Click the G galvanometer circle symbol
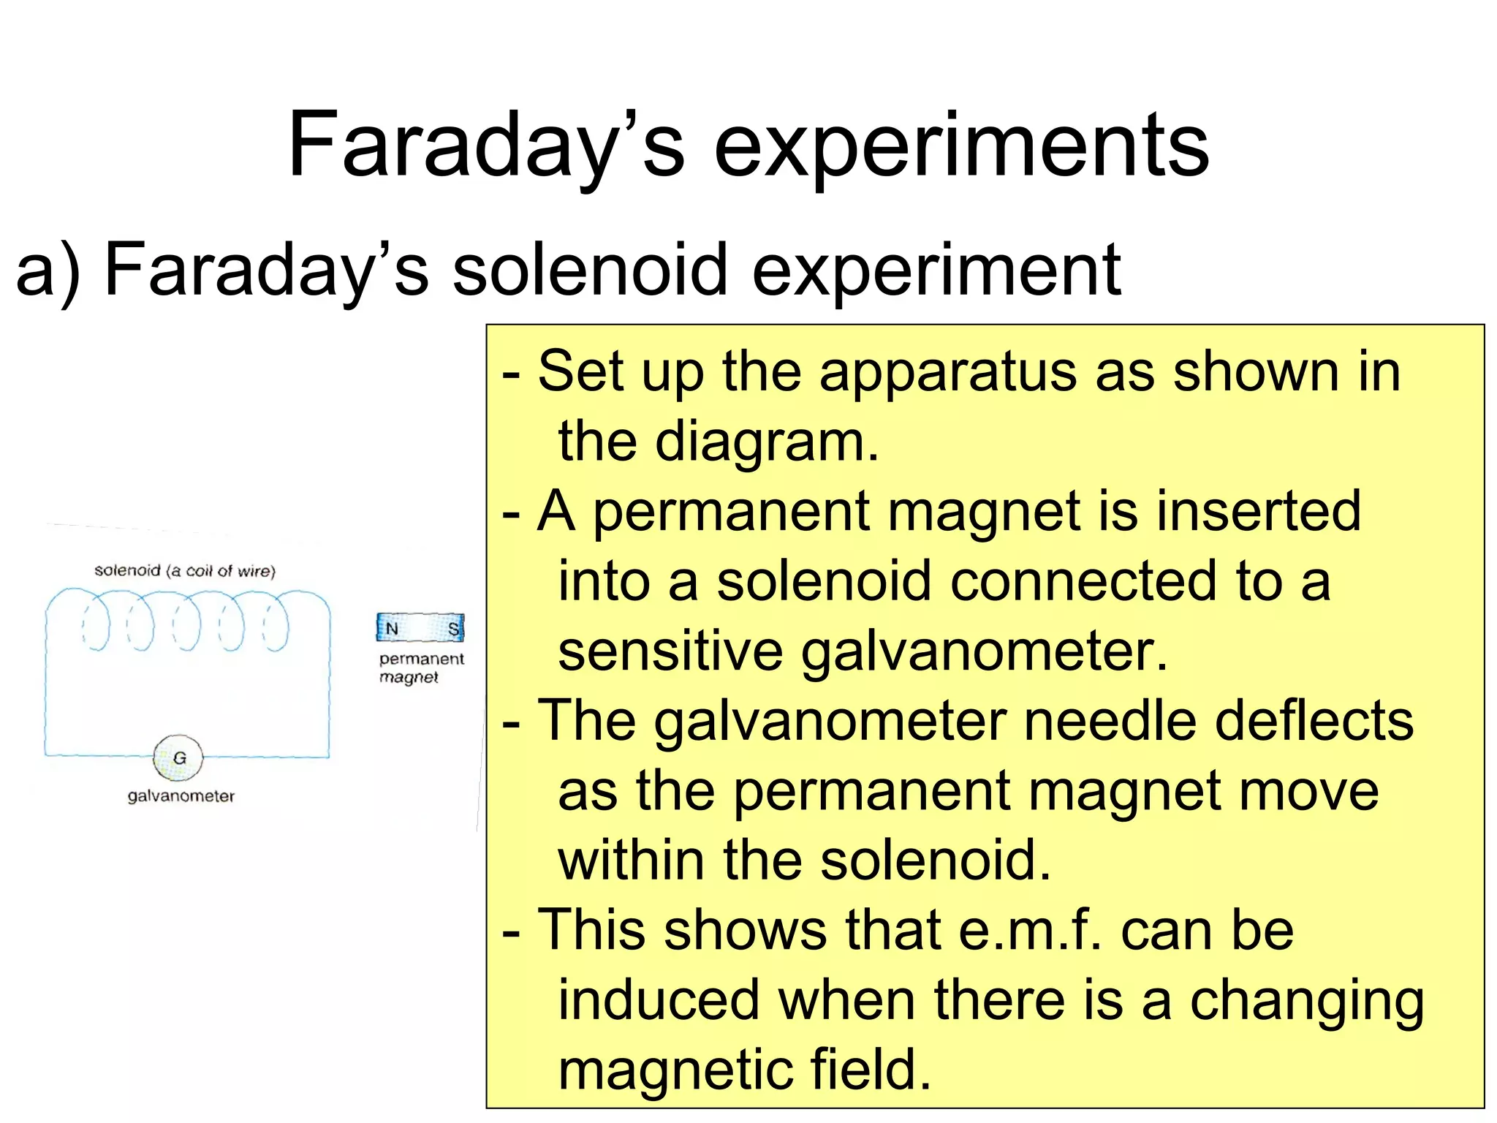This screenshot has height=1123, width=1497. (178, 758)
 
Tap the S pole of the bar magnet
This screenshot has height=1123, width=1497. (453, 629)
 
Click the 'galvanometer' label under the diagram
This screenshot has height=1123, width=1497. (181, 796)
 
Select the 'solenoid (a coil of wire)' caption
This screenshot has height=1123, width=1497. (185, 571)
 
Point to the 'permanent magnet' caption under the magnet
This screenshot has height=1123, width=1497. (421, 668)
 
